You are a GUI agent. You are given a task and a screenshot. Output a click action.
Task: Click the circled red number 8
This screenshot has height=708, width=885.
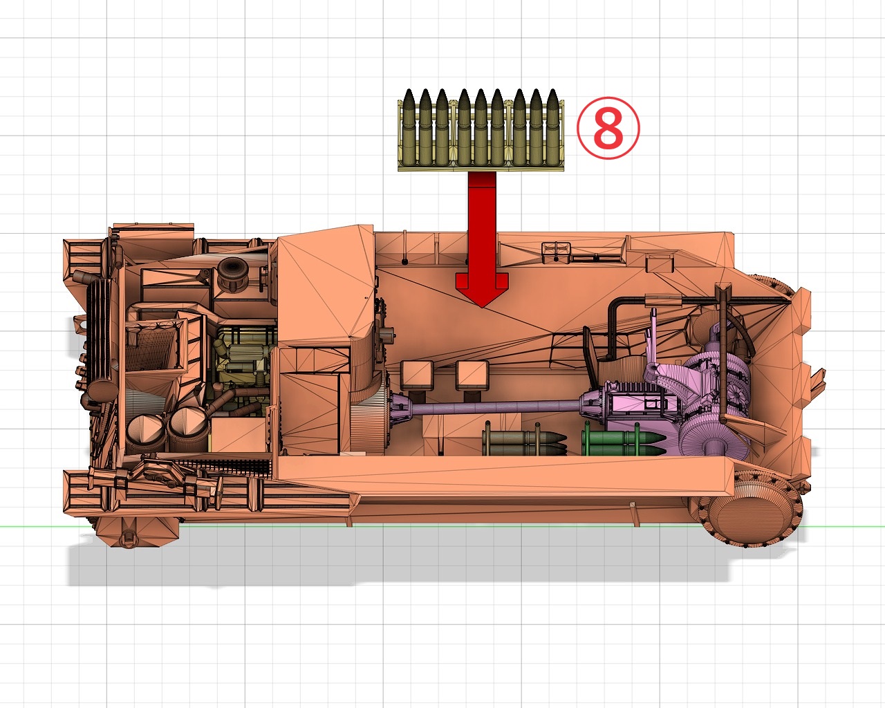pos(608,128)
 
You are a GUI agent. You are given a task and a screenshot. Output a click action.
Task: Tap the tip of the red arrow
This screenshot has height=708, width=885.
pos(482,304)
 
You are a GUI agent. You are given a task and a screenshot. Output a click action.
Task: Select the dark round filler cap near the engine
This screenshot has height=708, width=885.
pos(232,270)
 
